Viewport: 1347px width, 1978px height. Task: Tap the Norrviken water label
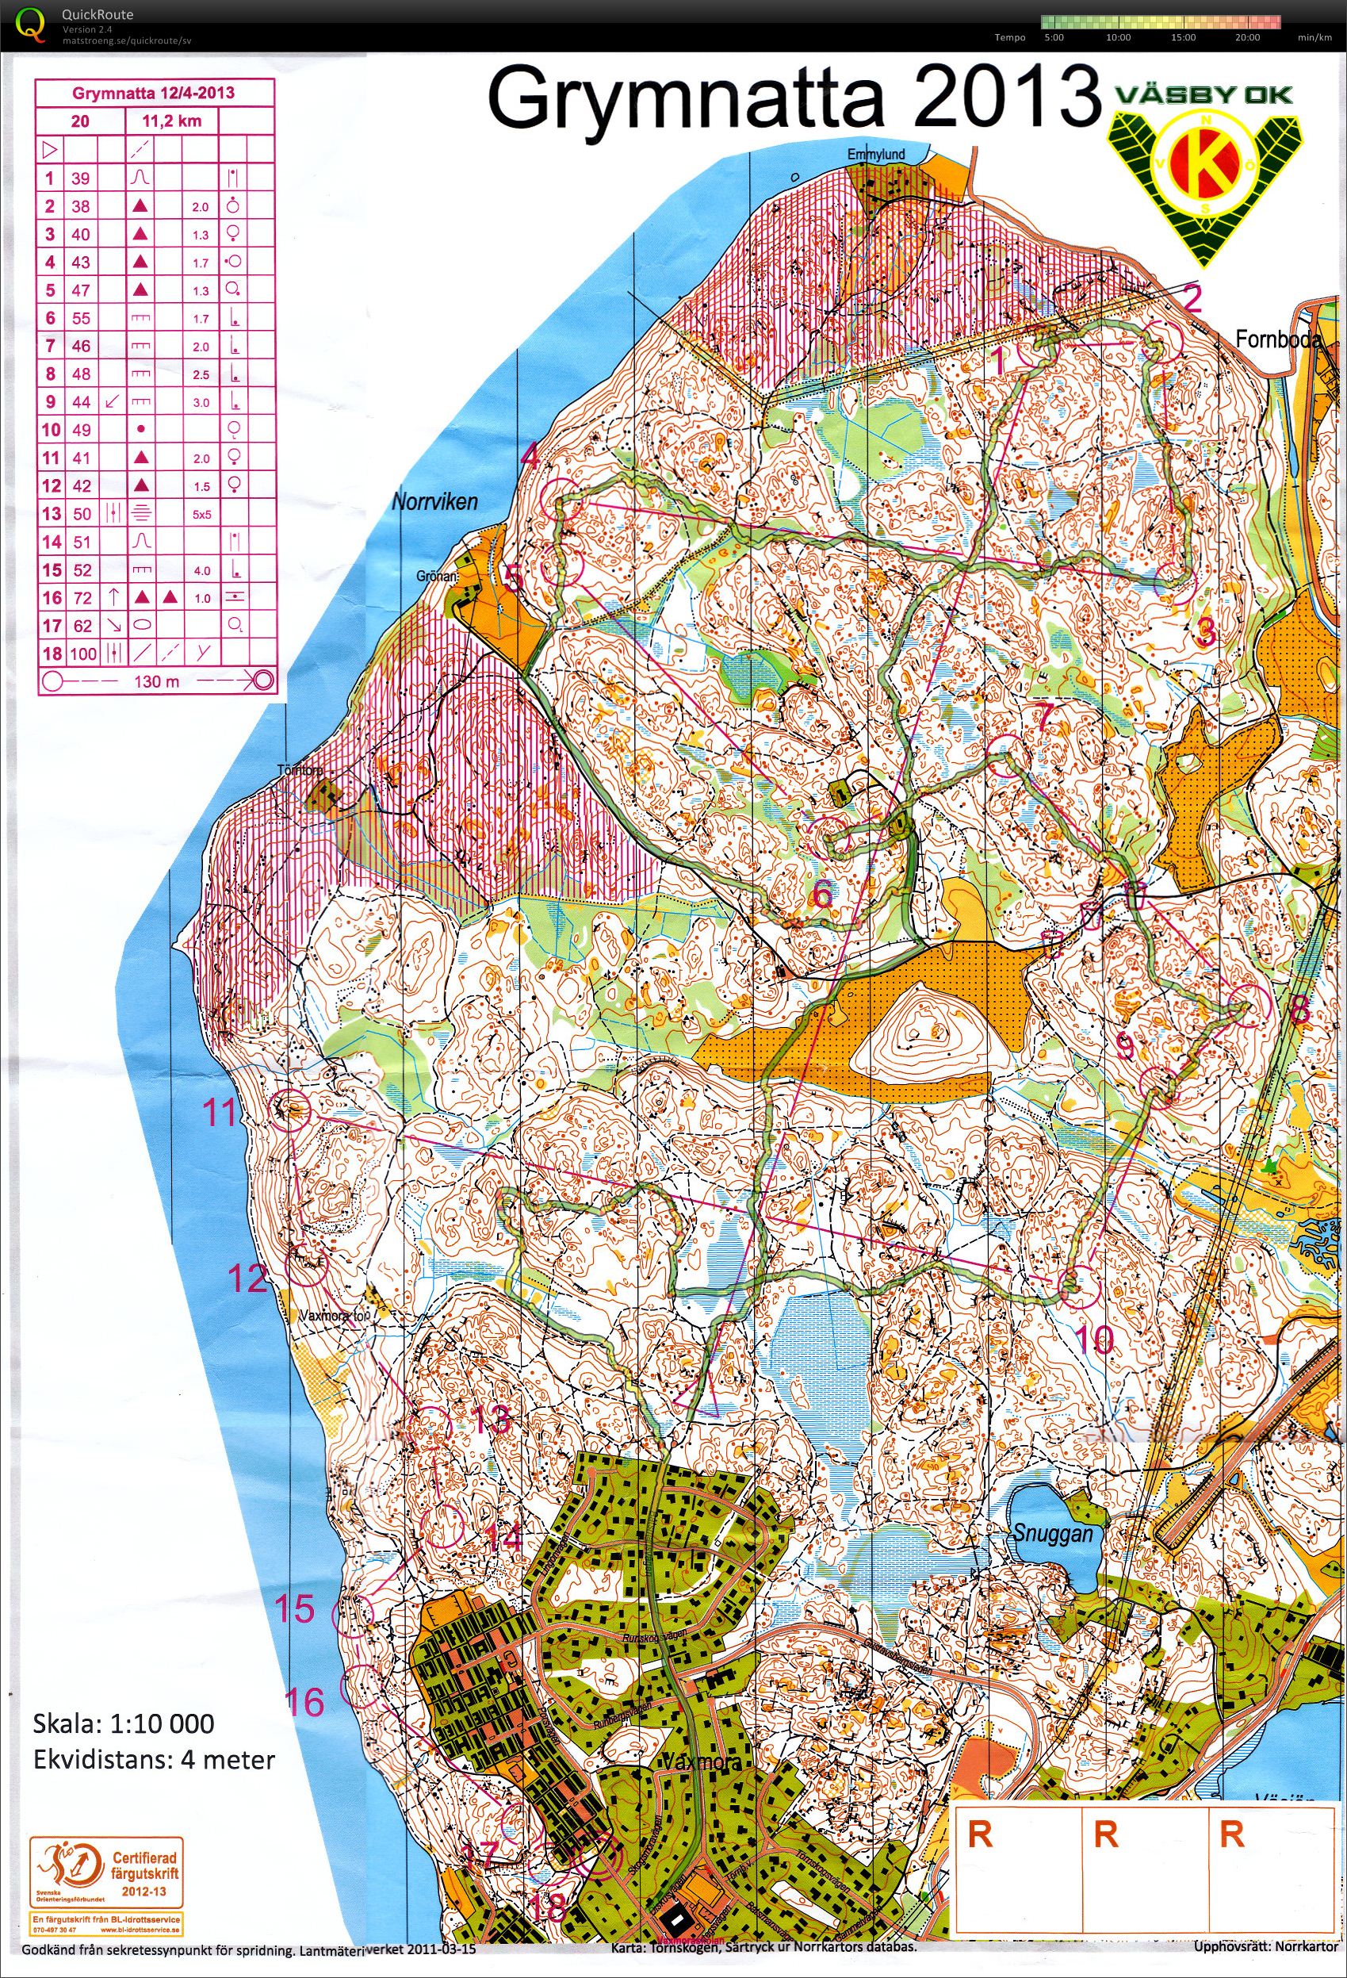434,501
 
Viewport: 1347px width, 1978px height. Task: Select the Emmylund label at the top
875,155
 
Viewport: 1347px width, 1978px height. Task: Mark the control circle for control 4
561,498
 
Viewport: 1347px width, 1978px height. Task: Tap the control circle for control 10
1078,1283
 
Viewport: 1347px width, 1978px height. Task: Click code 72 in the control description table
81,598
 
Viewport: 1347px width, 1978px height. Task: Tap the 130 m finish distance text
156,683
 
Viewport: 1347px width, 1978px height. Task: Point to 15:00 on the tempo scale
1183,38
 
